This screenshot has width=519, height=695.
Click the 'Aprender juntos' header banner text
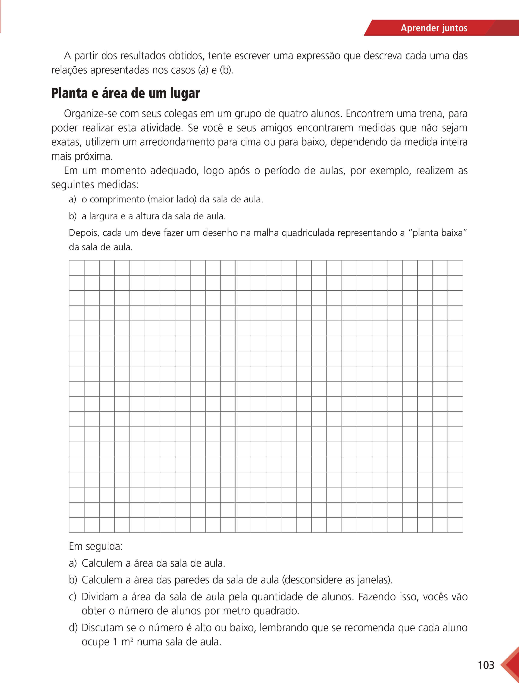coord(434,28)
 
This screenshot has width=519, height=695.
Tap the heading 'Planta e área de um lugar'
coord(125,93)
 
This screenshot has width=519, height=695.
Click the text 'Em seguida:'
coord(96,546)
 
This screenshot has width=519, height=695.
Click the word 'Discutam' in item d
coord(102,628)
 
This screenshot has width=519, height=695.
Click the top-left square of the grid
coord(77,268)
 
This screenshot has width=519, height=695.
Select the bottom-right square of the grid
coord(455,525)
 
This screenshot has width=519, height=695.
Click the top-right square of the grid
coord(455,268)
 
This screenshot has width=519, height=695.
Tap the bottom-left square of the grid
coord(77,525)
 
